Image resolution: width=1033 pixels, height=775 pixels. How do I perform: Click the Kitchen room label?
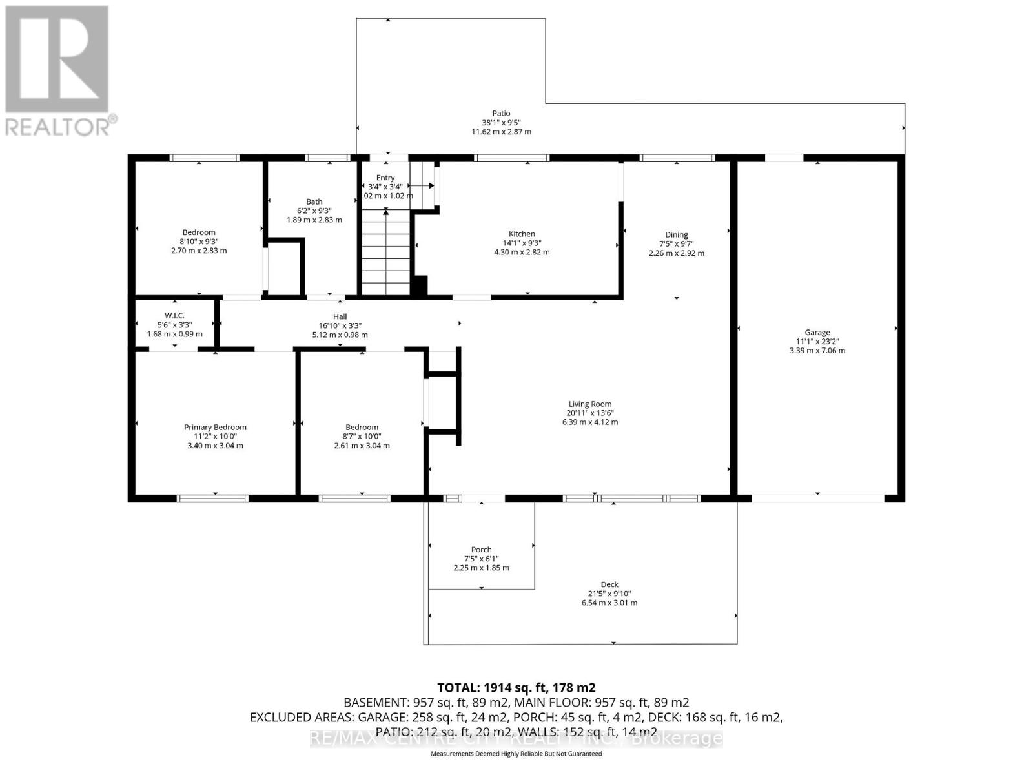[522, 234]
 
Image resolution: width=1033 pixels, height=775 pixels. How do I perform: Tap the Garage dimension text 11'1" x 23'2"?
[817, 342]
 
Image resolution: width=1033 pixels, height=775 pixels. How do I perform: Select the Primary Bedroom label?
[215, 427]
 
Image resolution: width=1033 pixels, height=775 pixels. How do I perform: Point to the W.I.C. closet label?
[174, 315]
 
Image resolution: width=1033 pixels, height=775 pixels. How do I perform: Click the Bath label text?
[314, 201]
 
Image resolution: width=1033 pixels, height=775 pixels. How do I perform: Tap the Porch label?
[481, 550]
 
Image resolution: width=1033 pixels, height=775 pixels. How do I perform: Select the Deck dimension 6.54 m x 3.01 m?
[609, 603]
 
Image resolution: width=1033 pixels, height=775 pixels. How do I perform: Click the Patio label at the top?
[501, 114]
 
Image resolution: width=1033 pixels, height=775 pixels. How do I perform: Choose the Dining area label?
[677, 234]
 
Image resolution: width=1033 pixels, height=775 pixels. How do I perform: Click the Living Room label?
[589, 404]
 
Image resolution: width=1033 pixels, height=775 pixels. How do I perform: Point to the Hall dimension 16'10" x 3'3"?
[340, 325]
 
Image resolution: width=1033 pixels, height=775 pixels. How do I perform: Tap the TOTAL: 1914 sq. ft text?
[516, 687]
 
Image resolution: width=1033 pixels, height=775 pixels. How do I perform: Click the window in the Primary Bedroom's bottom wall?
[212, 498]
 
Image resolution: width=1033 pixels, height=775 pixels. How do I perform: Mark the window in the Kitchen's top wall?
[511, 158]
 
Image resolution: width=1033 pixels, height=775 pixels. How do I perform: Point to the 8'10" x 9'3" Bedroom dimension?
[199, 242]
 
